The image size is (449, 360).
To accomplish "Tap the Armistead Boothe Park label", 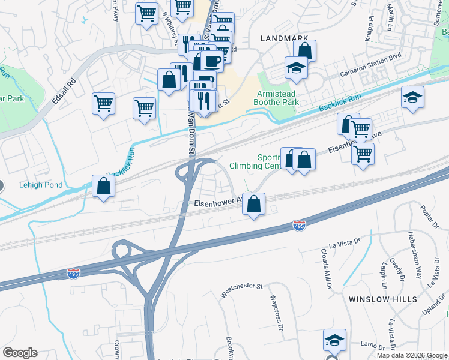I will coord(277,98).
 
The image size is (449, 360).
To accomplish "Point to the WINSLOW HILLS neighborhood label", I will coord(382,298).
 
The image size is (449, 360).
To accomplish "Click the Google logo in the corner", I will coord(20,353).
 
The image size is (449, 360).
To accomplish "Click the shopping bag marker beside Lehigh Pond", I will coord(104,187).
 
